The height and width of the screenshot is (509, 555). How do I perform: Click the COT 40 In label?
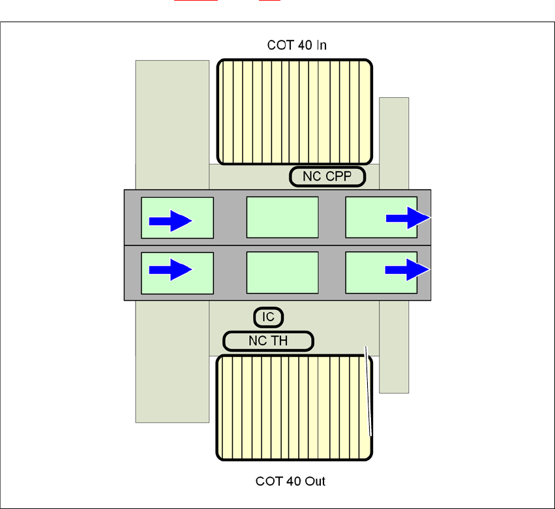[297, 46]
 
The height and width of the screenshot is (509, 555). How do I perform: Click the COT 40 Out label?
[290, 482]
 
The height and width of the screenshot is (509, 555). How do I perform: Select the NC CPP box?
[327, 176]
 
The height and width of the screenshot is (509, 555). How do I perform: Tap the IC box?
[268, 318]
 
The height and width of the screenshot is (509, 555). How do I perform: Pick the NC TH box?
[268, 341]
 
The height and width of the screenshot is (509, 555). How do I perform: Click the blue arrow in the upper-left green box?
[171, 221]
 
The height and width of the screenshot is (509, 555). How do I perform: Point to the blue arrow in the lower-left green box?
[171, 269]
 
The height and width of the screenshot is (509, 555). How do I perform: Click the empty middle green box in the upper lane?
[282, 217]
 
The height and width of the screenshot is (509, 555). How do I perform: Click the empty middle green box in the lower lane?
[282, 273]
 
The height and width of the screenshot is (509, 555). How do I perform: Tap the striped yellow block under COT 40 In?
[295, 112]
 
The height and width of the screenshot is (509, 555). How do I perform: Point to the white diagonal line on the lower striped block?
[368, 392]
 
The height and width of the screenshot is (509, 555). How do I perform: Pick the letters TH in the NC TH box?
[279, 341]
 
